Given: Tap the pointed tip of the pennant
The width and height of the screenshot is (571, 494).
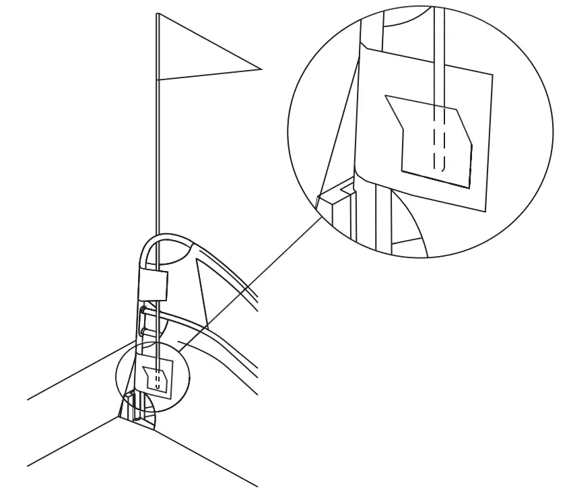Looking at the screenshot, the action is (x=260, y=67).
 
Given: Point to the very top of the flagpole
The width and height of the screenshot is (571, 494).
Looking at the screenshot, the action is (x=157, y=14).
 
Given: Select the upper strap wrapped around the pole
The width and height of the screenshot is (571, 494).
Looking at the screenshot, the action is (x=152, y=282).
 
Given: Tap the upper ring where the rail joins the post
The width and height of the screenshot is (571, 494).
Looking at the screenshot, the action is (x=144, y=311).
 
